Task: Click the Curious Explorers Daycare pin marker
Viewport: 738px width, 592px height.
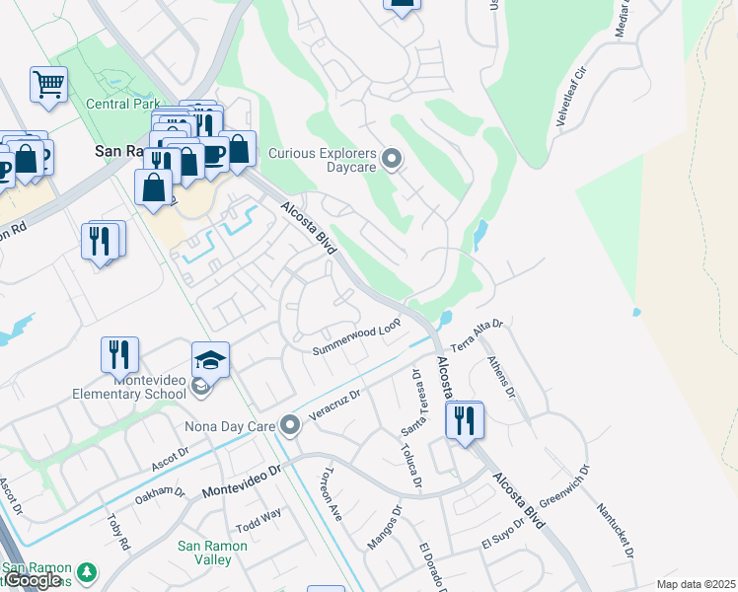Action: [393, 159]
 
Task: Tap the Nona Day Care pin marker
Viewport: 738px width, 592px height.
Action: [289, 426]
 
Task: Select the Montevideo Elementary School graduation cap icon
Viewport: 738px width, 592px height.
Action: [210, 360]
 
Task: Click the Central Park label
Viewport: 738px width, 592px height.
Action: [122, 104]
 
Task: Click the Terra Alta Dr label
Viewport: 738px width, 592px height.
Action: [478, 336]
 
